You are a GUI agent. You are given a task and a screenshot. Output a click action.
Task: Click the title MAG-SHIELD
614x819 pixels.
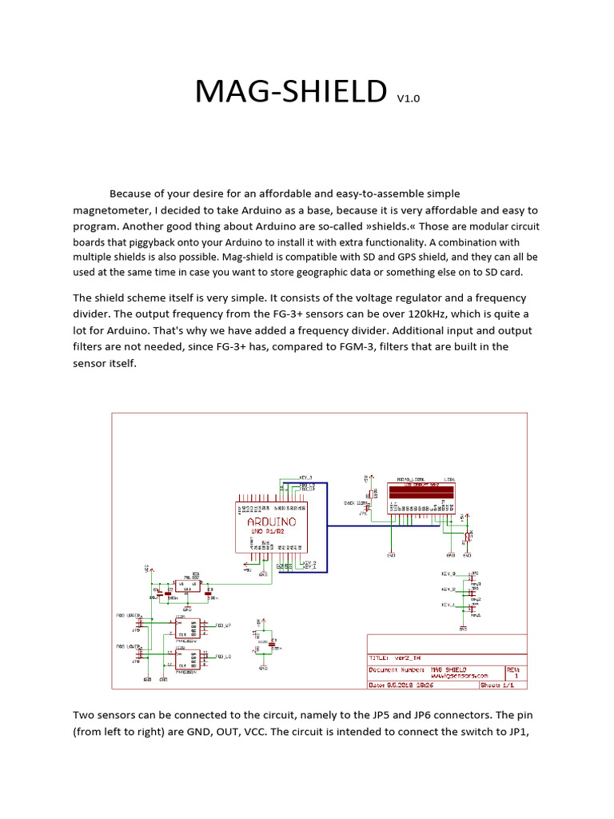[x=290, y=93]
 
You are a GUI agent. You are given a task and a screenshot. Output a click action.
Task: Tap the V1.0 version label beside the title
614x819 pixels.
[x=407, y=98]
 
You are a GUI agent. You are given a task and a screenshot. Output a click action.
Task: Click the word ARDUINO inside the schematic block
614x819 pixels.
[x=269, y=519]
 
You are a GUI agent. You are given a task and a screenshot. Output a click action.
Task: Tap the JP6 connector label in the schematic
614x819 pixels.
[x=136, y=661]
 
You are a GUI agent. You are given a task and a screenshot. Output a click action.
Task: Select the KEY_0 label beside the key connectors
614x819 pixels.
[x=448, y=574]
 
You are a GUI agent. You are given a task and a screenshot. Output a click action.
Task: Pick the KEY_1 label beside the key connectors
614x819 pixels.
[x=448, y=605]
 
